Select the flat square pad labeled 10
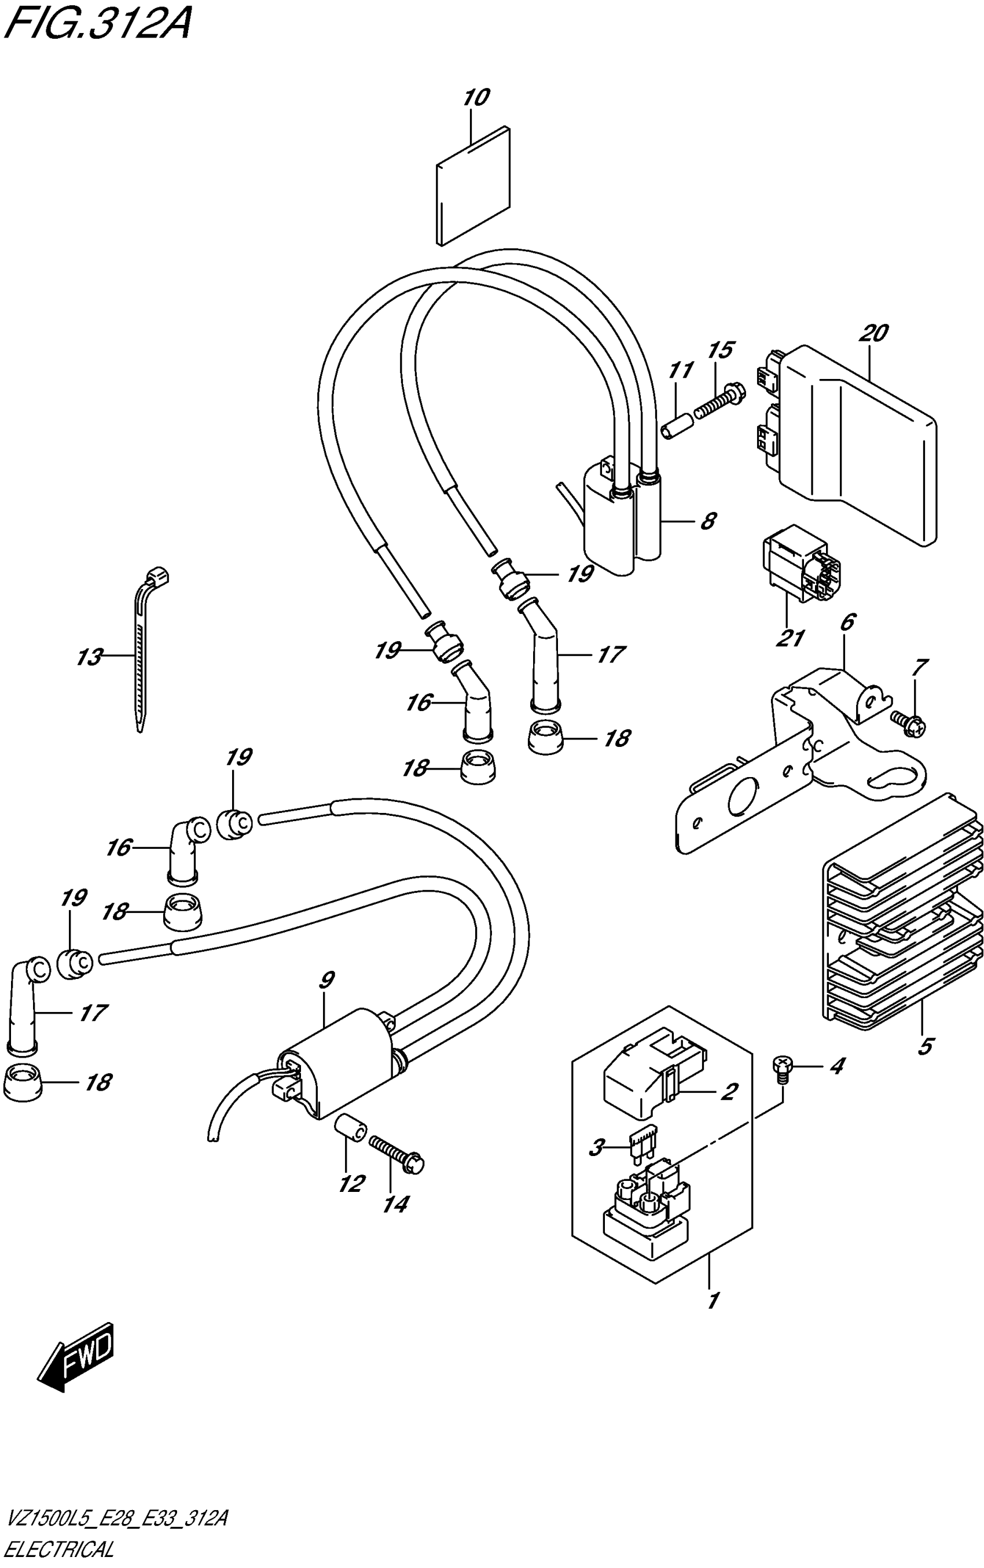point(473,185)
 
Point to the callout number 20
point(872,334)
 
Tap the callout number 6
point(847,623)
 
